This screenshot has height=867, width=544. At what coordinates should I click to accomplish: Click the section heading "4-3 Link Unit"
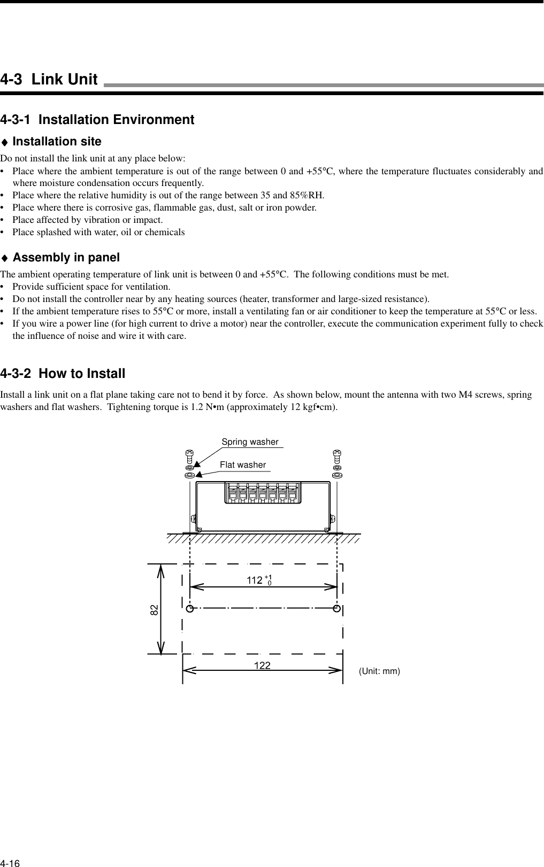pyautogui.click(x=49, y=80)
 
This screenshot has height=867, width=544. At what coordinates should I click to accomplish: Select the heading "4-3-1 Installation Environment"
pyautogui.click(x=97, y=120)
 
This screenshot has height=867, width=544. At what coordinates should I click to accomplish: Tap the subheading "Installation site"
pyautogui.click(x=57, y=142)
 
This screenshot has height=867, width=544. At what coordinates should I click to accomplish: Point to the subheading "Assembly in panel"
pyautogui.click(x=66, y=258)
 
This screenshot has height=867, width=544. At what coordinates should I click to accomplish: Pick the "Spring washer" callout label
pyautogui.click(x=250, y=442)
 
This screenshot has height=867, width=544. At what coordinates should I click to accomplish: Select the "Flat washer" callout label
pyautogui.click(x=243, y=465)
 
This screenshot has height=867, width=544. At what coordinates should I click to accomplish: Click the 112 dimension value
pyautogui.click(x=255, y=580)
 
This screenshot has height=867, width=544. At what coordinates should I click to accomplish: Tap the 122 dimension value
pyautogui.click(x=262, y=665)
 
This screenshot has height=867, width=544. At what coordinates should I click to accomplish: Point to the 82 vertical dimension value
pyautogui.click(x=154, y=609)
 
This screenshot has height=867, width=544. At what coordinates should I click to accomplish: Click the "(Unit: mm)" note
pyautogui.click(x=379, y=671)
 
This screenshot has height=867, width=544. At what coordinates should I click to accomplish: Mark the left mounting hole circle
pyautogui.click(x=190, y=608)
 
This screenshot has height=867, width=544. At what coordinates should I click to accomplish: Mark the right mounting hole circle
pyautogui.click(x=337, y=608)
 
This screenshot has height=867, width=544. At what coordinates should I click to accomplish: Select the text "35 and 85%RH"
pyautogui.click(x=300, y=195)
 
